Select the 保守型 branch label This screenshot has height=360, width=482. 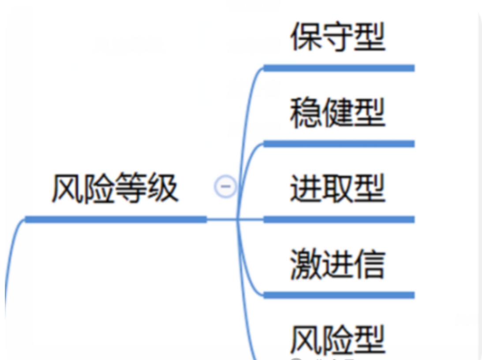pyautogui.click(x=338, y=37)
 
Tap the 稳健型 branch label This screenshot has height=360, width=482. pyautogui.click(x=338, y=113)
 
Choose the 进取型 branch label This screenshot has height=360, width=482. pyautogui.click(x=338, y=189)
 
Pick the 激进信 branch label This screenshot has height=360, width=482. pyautogui.click(x=338, y=264)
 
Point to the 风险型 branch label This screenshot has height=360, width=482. pyautogui.click(x=338, y=340)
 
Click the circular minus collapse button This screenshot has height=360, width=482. pyautogui.click(x=225, y=187)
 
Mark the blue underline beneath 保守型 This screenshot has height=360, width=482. pyautogui.click(x=339, y=68)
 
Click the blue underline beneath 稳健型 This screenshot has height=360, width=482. pyautogui.click(x=339, y=144)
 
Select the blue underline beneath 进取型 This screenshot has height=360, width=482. pyautogui.click(x=339, y=219)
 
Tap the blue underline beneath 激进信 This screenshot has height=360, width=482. pyautogui.click(x=339, y=295)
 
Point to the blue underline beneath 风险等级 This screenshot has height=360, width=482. pyautogui.click(x=116, y=219)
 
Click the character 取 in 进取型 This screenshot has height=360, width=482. pyautogui.click(x=338, y=189)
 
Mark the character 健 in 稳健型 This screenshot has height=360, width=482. pyautogui.click(x=338, y=113)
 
